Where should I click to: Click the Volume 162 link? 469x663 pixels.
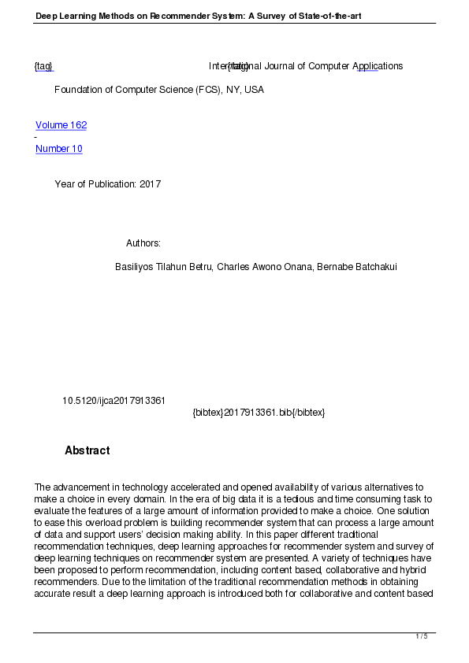[61, 125]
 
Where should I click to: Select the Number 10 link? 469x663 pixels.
[59, 149]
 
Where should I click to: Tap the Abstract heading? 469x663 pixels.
[87, 450]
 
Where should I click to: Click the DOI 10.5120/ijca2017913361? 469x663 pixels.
[114, 401]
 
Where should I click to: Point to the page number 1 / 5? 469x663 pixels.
[422, 636]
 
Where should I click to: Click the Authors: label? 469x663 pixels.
[143, 243]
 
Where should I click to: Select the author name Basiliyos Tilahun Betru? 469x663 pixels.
[163, 267]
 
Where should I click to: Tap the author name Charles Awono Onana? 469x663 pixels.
[264, 267]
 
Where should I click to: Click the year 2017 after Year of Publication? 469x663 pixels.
[150, 184]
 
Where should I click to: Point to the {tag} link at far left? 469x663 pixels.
[43, 66]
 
